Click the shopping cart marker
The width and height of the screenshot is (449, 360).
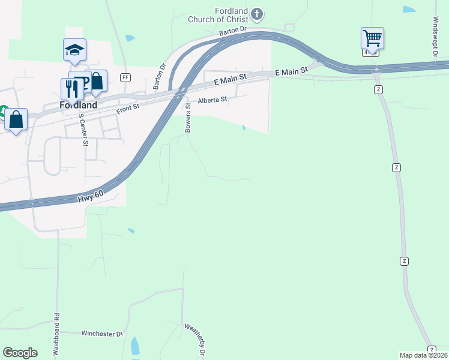coord(372,39)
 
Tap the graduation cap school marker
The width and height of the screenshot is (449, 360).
coord(74,50)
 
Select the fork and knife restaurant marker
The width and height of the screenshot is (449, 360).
coord(72,89)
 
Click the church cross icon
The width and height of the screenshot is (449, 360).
coord(257,13)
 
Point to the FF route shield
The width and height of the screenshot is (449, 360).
coord(125,77)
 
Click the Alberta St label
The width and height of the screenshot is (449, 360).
coord(213,100)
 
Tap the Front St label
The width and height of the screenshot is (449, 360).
coord(128,106)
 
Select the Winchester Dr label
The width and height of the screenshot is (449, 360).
coord(102,333)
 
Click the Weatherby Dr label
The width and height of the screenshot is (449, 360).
coord(196,340)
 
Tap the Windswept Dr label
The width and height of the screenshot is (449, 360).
coord(436,35)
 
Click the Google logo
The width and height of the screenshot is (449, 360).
coord(20,353)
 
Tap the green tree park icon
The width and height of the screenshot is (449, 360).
coord(2,112)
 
